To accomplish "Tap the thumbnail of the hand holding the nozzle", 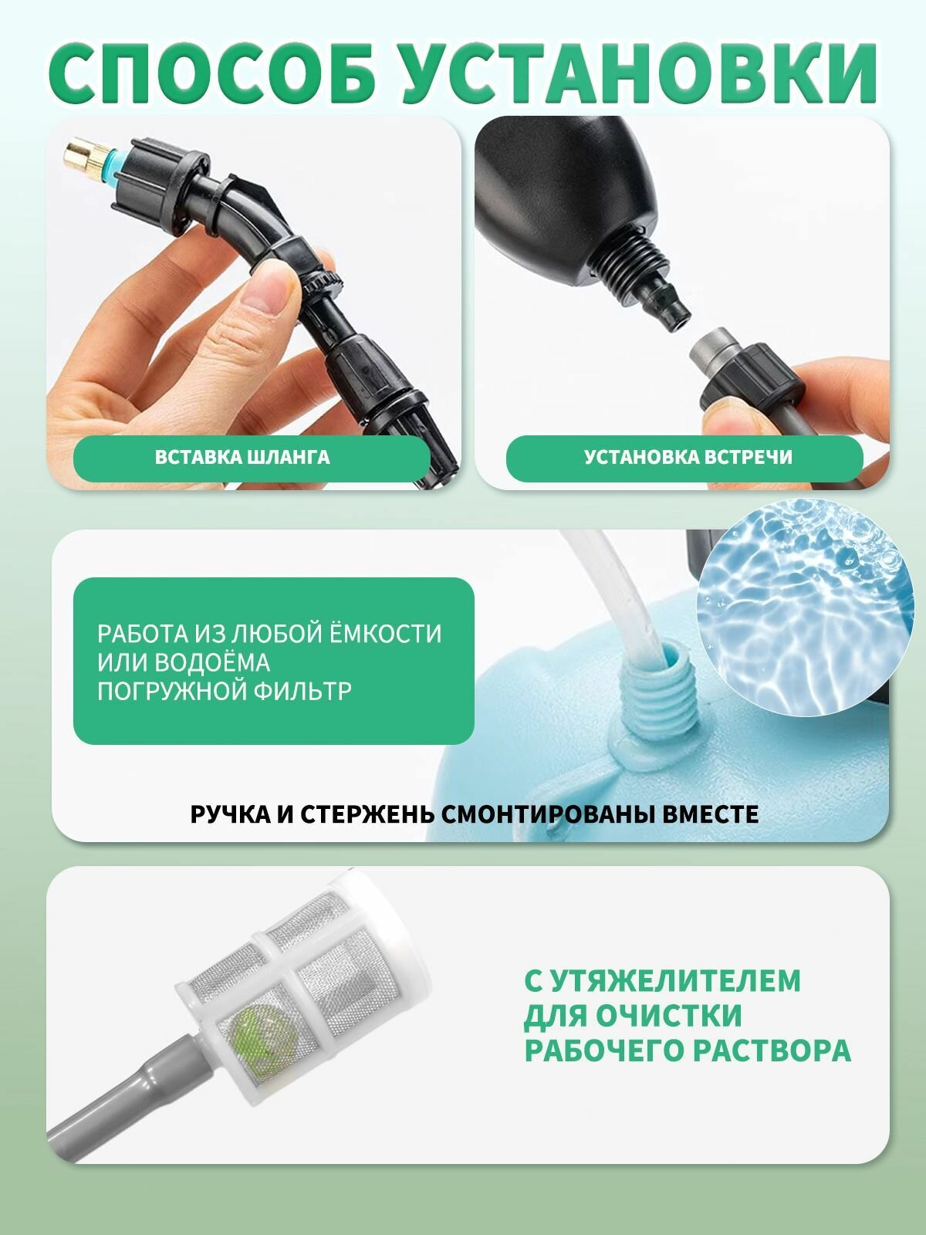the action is coord(254,303).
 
